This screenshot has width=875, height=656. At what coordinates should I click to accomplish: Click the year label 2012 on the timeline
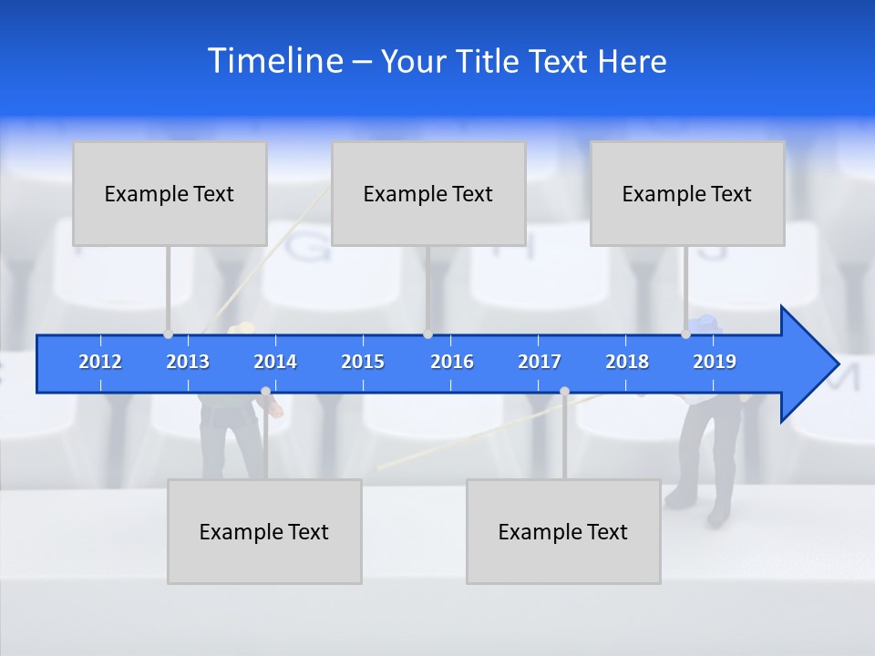[x=100, y=362]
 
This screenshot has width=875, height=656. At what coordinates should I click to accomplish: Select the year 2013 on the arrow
[x=188, y=362]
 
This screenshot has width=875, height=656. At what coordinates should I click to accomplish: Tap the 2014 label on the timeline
[x=275, y=362]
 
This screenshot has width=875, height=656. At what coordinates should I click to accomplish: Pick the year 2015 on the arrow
[x=363, y=362]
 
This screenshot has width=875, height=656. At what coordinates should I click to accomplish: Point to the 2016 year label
[x=452, y=362]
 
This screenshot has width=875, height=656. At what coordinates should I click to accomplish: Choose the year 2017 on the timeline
[x=540, y=362]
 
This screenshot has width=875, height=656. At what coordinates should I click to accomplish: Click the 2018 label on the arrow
[x=627, y=362]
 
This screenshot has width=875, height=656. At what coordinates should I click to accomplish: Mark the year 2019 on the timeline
[x=715, y=362]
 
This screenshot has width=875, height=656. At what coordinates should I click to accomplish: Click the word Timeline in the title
[x=275, y=61]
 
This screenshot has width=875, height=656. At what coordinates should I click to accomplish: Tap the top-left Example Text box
[x=170, y=193]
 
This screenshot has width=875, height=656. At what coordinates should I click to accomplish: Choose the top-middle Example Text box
[x=428, y=193]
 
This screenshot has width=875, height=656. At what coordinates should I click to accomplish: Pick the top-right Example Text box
[x=687, y=193]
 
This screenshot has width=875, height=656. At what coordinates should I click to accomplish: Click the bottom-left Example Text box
[x=264, y=531]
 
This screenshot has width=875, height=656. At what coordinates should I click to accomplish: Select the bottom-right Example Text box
[x=563, y=531]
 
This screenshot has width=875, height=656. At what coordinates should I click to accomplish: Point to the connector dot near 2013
[x=169, y=333]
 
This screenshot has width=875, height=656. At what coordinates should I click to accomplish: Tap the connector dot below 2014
[x=265, y=392]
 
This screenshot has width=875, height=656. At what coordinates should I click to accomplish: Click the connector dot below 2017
[x=564, y=392]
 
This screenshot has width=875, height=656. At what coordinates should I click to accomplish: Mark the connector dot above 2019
[x=686, y=333]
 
